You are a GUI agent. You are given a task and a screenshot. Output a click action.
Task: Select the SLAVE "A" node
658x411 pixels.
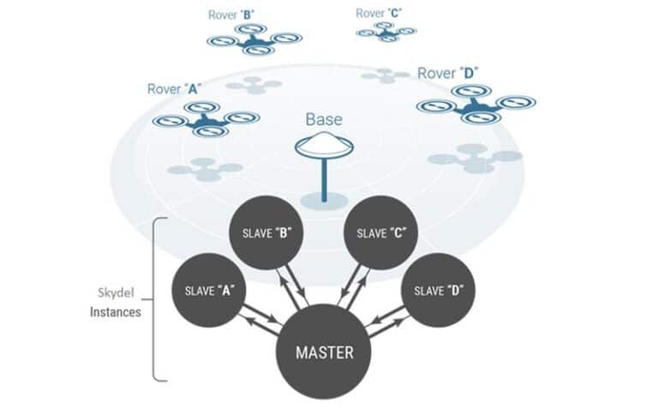click(x=207, y=290)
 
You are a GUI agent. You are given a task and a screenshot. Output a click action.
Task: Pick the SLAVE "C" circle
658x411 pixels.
click(x=380, y=233)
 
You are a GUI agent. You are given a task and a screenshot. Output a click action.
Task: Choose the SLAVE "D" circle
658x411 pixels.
click(x=440, y=290)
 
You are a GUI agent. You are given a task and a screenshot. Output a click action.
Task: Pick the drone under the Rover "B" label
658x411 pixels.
click(x=254, y=39)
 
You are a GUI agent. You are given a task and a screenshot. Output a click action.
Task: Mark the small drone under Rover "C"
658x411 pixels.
click(x=386, y=32)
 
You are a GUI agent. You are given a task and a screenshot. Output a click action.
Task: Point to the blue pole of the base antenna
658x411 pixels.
click(x=324, y=181)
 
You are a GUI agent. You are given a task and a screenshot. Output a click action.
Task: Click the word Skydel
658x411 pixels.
click(x=114, y=294)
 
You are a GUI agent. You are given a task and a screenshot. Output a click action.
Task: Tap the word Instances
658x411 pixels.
click(x=116, y=313)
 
